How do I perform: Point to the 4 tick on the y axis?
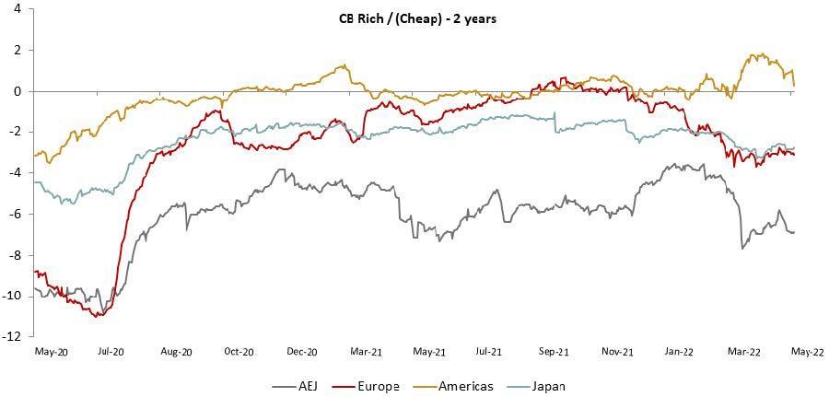18,9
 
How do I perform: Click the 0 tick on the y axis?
18,91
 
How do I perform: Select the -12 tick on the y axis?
14,337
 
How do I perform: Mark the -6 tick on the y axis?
16,214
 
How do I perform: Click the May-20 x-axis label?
49,352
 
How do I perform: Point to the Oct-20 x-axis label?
239,352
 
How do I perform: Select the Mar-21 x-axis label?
366,352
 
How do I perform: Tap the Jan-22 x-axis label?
680,352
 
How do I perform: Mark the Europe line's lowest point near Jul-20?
99,316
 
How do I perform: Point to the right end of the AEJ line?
794,232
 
